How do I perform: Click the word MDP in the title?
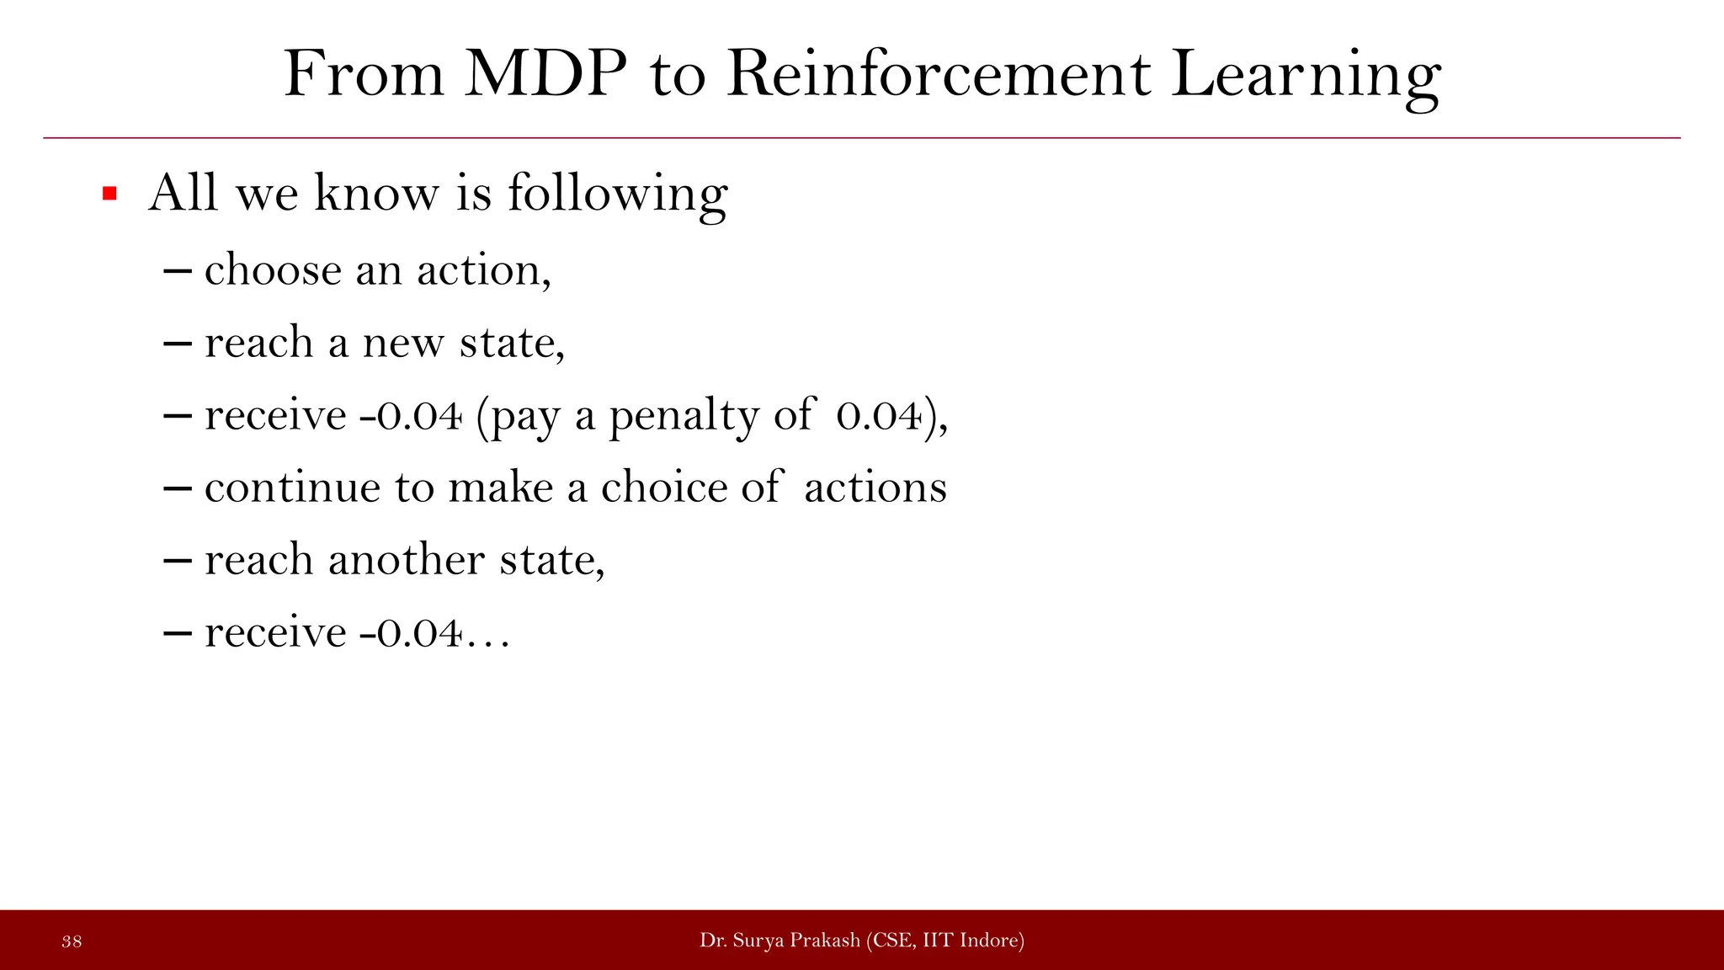point(545,76)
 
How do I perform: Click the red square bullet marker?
point(109,195)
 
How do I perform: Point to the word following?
point(617,195)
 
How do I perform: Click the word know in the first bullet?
point(376,193)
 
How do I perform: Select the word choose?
point(273,271)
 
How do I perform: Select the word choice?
point(663,488)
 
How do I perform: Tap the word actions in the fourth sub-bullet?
point(875,488)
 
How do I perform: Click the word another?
point(406,561)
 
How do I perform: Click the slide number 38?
point(72,941)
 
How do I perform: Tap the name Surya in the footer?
point(757,941)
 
